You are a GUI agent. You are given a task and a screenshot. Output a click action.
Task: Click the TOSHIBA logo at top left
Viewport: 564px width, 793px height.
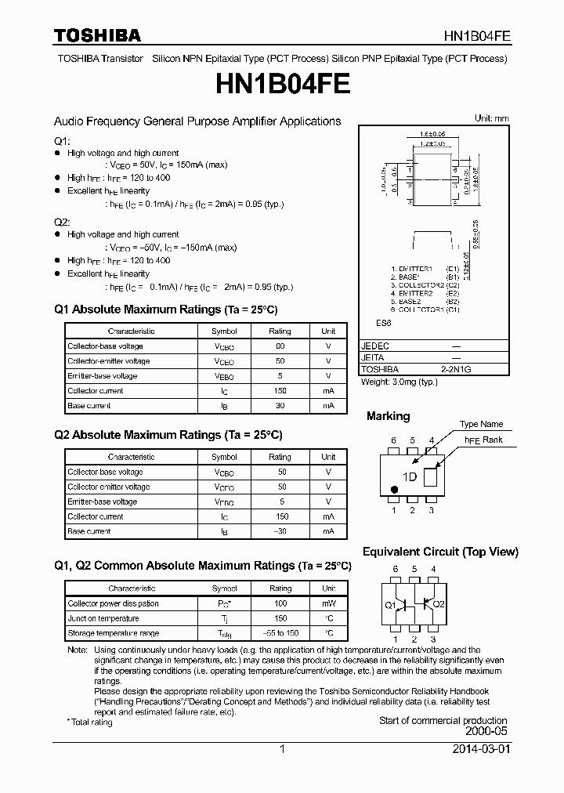click(x=96, y=35)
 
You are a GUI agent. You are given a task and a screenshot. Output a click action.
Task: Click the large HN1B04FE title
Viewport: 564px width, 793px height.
click(x=281, y=84)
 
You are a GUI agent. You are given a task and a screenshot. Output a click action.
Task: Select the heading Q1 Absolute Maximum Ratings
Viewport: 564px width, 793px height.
click(x=165, y=310)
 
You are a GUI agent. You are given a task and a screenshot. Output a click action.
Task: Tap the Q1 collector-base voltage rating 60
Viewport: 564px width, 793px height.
click(x=280, y=346)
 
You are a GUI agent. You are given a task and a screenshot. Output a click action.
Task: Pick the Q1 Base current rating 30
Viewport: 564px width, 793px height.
click(x=280, y=406)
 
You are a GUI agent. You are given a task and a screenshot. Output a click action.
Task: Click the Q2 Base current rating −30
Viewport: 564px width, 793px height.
click(x=280, y=531)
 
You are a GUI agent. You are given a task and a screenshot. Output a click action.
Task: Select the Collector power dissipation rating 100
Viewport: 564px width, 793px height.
click(x=280, y=603)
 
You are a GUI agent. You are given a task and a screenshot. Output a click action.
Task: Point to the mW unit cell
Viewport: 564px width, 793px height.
click(x=329, y=603)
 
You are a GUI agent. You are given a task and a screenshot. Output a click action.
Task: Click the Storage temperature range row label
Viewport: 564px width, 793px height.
click(x=113, y=633)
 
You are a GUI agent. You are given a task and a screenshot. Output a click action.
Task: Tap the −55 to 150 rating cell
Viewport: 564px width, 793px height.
click(x=280, y=633)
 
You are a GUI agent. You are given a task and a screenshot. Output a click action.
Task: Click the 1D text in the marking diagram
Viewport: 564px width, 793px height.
click(x=409, y=477)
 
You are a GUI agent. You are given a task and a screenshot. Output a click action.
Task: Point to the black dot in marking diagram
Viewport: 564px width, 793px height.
click(x=394, y=491)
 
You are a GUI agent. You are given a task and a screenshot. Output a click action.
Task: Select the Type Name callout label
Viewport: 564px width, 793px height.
click(x=481, y=424)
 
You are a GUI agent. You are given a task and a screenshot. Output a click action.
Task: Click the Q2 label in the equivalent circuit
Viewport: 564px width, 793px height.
click(x=439, y=604)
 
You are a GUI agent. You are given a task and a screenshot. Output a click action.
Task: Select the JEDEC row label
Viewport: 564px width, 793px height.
click(x=375, y=346)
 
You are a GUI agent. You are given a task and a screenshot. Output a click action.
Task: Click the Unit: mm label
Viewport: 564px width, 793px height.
click(x=491, y=118)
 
